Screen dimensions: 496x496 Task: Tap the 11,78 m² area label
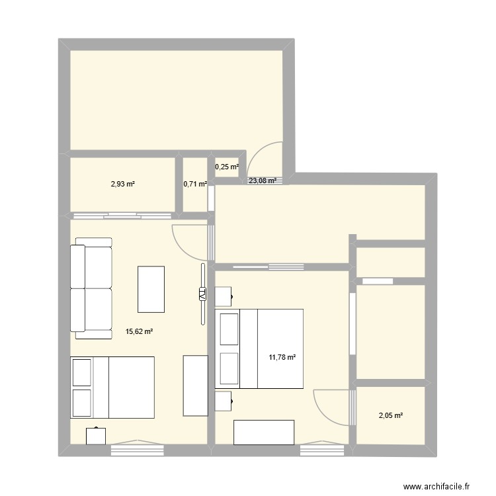pos(281,358)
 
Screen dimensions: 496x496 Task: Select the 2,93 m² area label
pos(122,184)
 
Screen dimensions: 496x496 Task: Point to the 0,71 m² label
pos(195,185)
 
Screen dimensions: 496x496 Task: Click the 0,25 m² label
pos(227,167)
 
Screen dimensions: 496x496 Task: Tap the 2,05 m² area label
pos(390,415)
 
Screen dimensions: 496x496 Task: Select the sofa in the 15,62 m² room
pos(91,288)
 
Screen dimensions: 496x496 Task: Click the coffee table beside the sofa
pos(151,288)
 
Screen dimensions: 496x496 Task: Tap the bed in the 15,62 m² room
pos(112,388)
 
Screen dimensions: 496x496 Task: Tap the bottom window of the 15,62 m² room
pos(137,449)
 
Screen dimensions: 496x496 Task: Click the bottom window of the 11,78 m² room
pos(317,449)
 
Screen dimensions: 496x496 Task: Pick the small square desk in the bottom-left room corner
pos(96,436)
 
